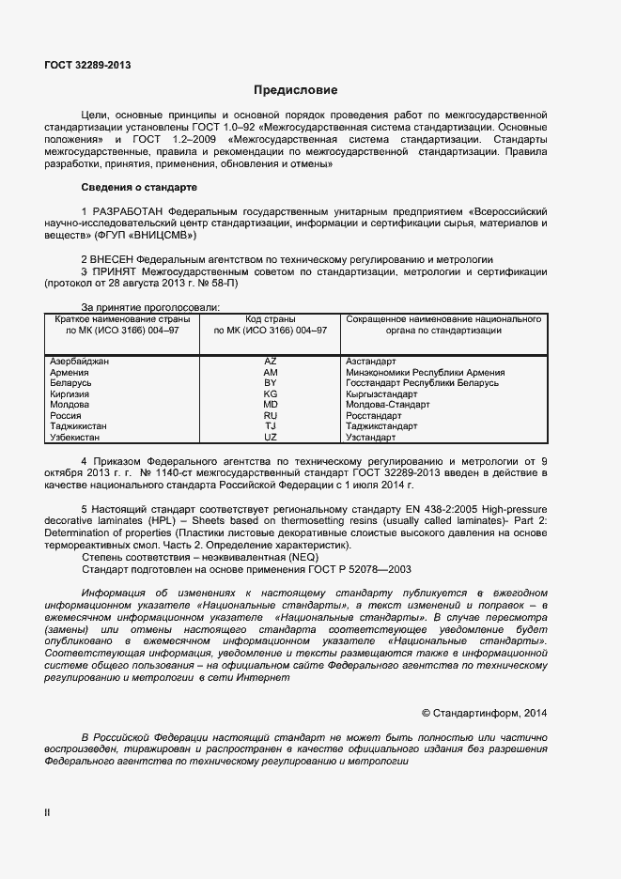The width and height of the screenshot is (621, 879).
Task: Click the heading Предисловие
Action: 295,90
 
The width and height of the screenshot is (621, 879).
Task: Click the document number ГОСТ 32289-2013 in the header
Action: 87,65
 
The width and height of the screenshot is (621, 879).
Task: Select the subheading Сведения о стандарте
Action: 139,187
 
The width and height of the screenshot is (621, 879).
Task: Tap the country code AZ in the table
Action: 271,362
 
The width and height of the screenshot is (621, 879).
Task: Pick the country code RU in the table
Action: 271,415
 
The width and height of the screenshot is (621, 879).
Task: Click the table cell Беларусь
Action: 70,383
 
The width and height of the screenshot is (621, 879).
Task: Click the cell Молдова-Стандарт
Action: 388,405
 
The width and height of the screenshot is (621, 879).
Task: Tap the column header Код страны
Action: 271,319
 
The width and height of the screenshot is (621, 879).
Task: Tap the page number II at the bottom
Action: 47,813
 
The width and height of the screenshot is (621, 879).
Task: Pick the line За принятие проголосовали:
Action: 150,307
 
